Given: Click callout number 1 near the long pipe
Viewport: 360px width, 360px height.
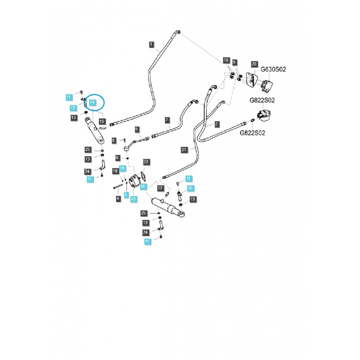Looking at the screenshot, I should coord(152,44).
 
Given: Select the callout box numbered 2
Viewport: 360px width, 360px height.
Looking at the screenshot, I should coord(216,124).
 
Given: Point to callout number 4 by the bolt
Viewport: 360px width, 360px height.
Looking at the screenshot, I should coord(117,198).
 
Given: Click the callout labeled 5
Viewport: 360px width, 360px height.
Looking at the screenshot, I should coord(137,129).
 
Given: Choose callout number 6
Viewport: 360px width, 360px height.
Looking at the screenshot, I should coord(117,157).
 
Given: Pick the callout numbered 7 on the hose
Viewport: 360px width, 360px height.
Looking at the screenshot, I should coord(167,120).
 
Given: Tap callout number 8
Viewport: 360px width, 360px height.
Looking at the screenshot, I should coord(114,140).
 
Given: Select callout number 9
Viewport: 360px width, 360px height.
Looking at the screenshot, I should coord(234,62).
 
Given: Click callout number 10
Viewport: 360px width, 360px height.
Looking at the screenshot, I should coord(226,60).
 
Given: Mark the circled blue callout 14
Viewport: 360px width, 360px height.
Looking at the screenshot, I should coord(92,103).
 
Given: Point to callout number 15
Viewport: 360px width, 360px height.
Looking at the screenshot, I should coord(102,121).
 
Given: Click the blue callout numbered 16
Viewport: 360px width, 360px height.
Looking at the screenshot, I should coord(143,186).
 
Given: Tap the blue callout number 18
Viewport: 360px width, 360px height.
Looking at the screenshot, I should coord(121,168).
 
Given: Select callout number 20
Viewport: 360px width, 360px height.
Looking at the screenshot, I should coord(254,65).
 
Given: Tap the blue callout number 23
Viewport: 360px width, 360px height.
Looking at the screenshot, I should coord(134,198).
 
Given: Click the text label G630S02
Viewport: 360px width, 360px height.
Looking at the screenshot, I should coord(274,69).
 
